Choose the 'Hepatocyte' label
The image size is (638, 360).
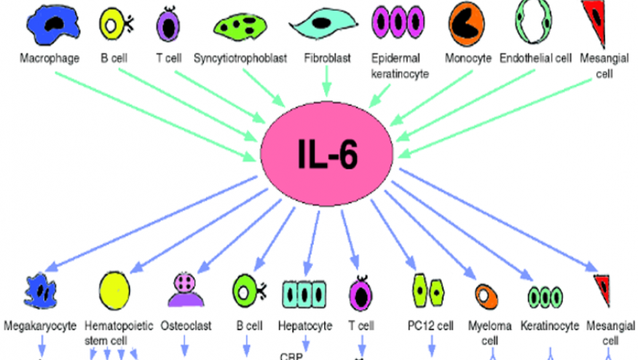[305, 326]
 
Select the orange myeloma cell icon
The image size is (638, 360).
[486, 294]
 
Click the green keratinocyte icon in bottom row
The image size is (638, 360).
[546, 296]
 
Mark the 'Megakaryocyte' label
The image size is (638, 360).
[39, 326]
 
